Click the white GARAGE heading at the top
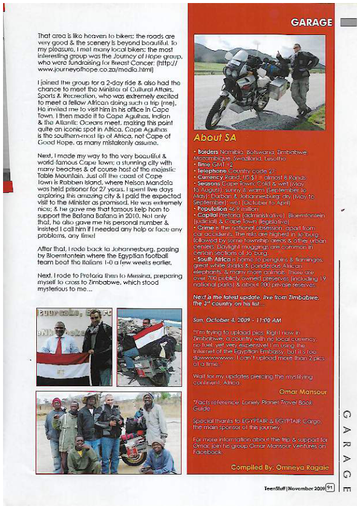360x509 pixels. click(311, 22)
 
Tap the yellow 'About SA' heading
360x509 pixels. click(215, 137)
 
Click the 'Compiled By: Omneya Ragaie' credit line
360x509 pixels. click(280, 467)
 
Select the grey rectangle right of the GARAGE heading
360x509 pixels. click(348, 22)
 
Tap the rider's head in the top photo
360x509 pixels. click(296, 47)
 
